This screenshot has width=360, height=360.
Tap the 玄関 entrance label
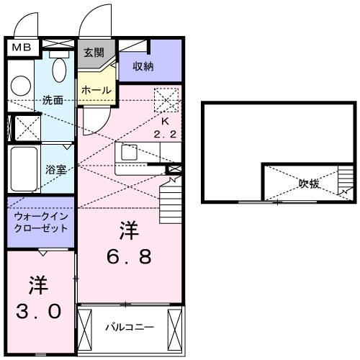[93, 52]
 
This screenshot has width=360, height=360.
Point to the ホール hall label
[96, 90]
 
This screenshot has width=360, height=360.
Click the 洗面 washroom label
[53, 100]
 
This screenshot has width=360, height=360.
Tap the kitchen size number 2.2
[165, 135]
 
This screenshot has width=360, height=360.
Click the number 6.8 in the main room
[129, 257]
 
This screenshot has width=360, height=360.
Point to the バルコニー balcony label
[130, 327]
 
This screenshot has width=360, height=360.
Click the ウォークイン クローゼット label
[40, 221]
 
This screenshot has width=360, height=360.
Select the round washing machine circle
[19, 86]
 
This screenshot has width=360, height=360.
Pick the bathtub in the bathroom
[24, 168]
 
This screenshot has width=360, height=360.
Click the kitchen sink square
[130, 153]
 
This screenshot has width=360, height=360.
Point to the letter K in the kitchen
[165, 122]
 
